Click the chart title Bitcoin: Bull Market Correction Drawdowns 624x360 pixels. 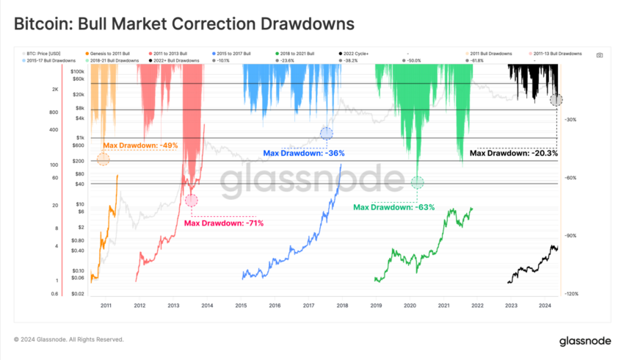[184, 24]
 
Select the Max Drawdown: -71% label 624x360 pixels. [223, 223]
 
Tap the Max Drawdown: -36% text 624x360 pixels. [304, 154]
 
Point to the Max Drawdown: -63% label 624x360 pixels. [394, 207]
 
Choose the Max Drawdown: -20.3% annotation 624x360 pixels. [514, 154]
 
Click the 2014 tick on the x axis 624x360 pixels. [207, 304]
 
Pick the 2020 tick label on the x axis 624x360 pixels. [410, 304]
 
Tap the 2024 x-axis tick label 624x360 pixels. [545, 304]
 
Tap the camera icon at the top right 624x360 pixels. [600, 55]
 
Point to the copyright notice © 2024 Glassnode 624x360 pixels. [69, 340]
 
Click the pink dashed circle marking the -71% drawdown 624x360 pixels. [192, 200]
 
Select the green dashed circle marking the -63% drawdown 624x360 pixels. [418, 182]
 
